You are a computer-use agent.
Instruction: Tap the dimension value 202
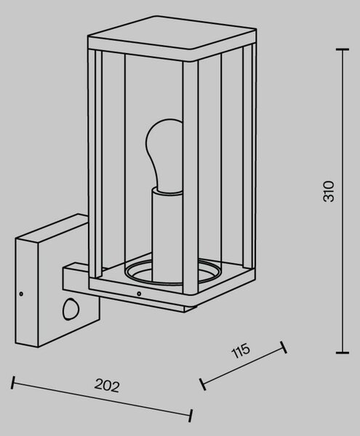(x=107, y=386)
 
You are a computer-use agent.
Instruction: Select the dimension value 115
(x=241, y=351)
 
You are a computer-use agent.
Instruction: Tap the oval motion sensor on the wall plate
(x=71, y=309)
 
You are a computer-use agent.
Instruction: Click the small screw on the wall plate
(x=21, y=294)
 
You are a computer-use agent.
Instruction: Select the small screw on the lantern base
(x=139, y=294)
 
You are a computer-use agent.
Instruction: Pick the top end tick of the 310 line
(x=343, y=49)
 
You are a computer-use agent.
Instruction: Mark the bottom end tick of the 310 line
(x=343, y=352)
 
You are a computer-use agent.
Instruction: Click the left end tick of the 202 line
(x=12, y=383)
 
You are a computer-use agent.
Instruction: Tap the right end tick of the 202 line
(x=191, y=416)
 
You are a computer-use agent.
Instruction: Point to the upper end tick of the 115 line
(x=284, y=347)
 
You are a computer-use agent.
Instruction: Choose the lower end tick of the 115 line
(x=203, y=384)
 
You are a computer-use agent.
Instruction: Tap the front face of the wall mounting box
(x=27, y=293)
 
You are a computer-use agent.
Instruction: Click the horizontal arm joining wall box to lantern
(x=76, y=280)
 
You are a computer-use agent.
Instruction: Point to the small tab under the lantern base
(x=190, y=307)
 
